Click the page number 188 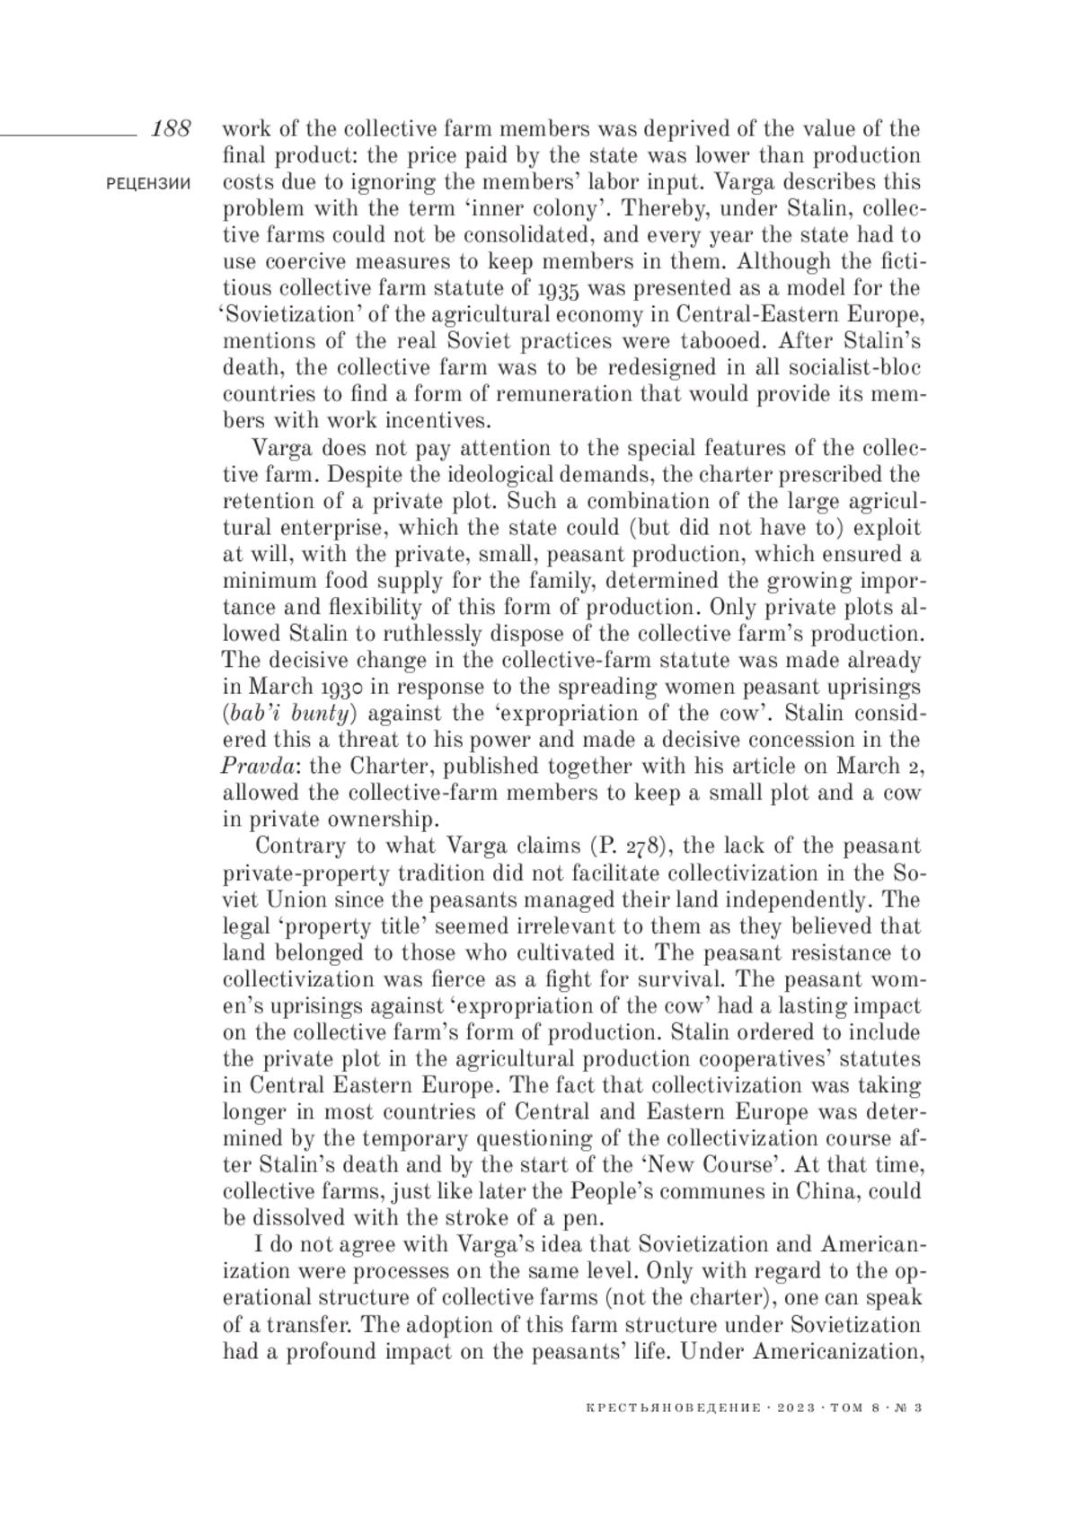tap(171, 128)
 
